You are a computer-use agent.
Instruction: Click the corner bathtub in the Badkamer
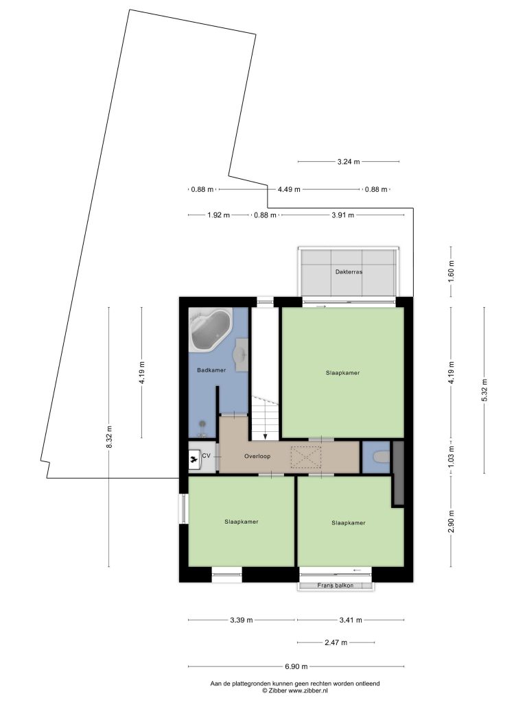point(210,330)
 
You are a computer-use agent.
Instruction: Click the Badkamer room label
point(211,370)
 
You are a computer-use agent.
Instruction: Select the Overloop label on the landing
point(257,456)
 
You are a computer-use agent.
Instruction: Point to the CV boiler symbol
point(194,459)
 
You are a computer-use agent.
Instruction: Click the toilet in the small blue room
point(382,457)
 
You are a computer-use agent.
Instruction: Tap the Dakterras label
point(349,271)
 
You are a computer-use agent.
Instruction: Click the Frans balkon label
point(335,585)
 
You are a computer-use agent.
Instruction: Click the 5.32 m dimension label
point(484,391)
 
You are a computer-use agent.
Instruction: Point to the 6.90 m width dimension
point(296,666)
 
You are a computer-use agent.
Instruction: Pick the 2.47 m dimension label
point(336,643)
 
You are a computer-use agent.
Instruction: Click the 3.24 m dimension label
point(348,162)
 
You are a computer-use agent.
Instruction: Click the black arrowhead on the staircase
point(266,436)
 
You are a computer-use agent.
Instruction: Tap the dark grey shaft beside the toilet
point(398,473)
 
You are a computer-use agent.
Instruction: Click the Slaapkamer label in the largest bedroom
point(342,372)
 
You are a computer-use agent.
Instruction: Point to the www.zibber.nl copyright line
point(295,691)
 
